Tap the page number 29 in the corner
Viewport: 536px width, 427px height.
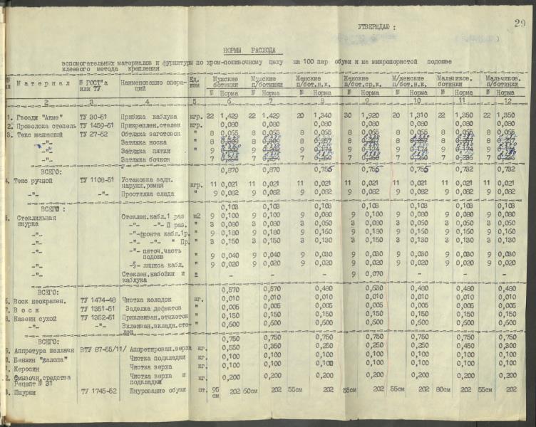point(518,25)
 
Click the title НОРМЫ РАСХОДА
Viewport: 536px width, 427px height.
point(254,51)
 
